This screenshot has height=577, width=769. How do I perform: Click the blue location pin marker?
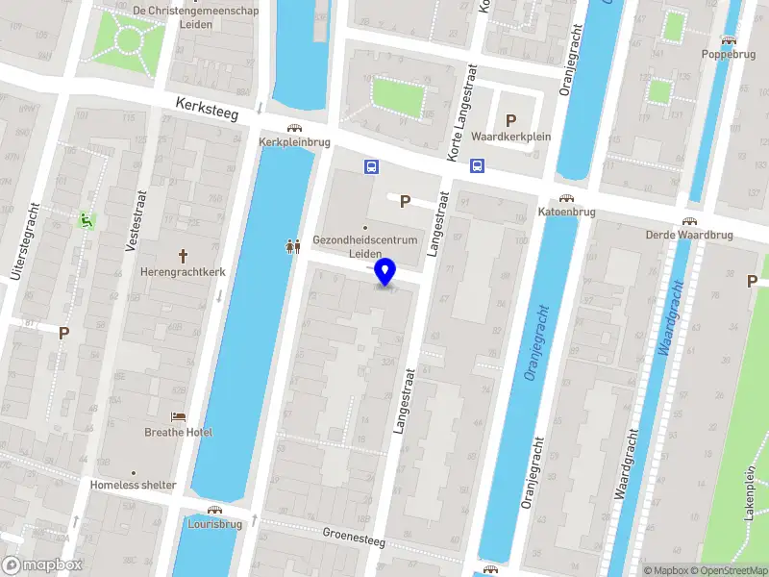pyautogui.click(x=385, y=272)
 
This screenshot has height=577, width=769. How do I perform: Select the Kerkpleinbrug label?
pyautogui.click(x=294, y=141)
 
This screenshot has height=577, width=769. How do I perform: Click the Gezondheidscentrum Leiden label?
pyautogui.click(x=364, y=246)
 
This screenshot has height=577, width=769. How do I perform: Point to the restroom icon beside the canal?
pyautogui.click(x=294, y=246)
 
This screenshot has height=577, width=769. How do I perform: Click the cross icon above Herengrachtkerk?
pyautogui.click(x=183, y=256)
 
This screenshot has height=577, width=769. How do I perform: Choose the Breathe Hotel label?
pyautogui.click(x=179, y=432)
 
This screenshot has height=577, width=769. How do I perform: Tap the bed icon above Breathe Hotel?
pyautogui.click(x=179, y=415)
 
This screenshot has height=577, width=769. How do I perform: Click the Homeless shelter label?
pyautogui.click(x=134, y=486)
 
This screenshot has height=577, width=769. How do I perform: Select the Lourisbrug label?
pyautogui.click(x=214, y=525)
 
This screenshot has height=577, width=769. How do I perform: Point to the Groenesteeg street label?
pyautogui.click(x=353, y=537)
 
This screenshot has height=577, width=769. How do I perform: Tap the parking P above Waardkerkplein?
pyautogui.click(x=511, y=121)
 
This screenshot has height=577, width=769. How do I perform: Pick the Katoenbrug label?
pyautogui.click(x=567, y=212)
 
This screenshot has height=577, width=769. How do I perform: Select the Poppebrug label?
pyautogui.click(x=728, y=55)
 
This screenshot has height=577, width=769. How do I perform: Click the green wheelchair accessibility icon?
pyautogui.click(x=87, y=220)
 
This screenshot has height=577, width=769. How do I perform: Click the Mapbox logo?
pyautogui.click(x=42, y=565)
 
